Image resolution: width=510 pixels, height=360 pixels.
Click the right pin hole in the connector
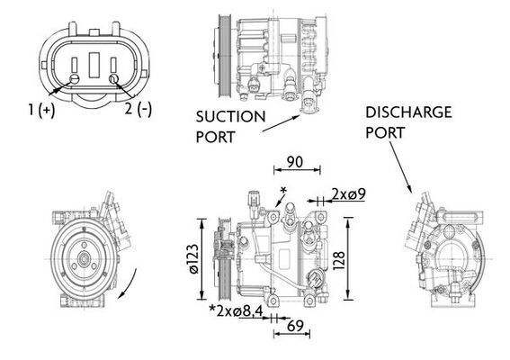[113, 80]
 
